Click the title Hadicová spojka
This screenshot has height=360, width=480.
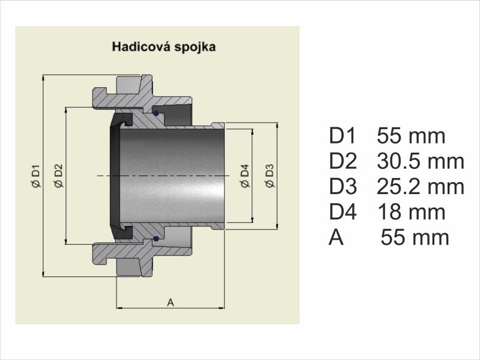click(x=164, y=47)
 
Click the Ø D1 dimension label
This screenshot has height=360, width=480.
click(x=36, y=175)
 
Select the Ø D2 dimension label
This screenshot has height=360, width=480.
click(x=58, y=175)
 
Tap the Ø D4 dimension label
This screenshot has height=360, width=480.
click(x=245, y=175)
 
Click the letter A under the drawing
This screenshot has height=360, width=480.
click(x=171, y=302)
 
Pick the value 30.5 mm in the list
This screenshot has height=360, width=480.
click(x=421, y=161)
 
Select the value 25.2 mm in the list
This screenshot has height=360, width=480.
click(x=421, y=186)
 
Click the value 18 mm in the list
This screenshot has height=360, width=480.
click(x=412, y=212)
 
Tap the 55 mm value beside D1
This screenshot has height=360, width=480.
click(x=411, y=136)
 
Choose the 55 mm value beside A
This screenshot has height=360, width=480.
click(x=415, y=237)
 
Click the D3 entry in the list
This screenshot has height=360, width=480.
click(x=343, y=186)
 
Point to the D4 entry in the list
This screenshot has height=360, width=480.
click(x=343, y=212)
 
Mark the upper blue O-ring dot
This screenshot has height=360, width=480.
click(x=156, y=113)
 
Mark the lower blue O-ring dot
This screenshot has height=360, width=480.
click(x=156, y=239)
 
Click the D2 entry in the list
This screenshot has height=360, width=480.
click(x=343, y=161)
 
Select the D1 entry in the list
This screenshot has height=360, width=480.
click(x=342, y=136)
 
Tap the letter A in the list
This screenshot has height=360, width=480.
click(x=336, y=237)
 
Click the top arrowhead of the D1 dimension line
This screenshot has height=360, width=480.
click(x=43, y=78)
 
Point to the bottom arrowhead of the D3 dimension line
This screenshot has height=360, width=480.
click(x=278, y=225)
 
